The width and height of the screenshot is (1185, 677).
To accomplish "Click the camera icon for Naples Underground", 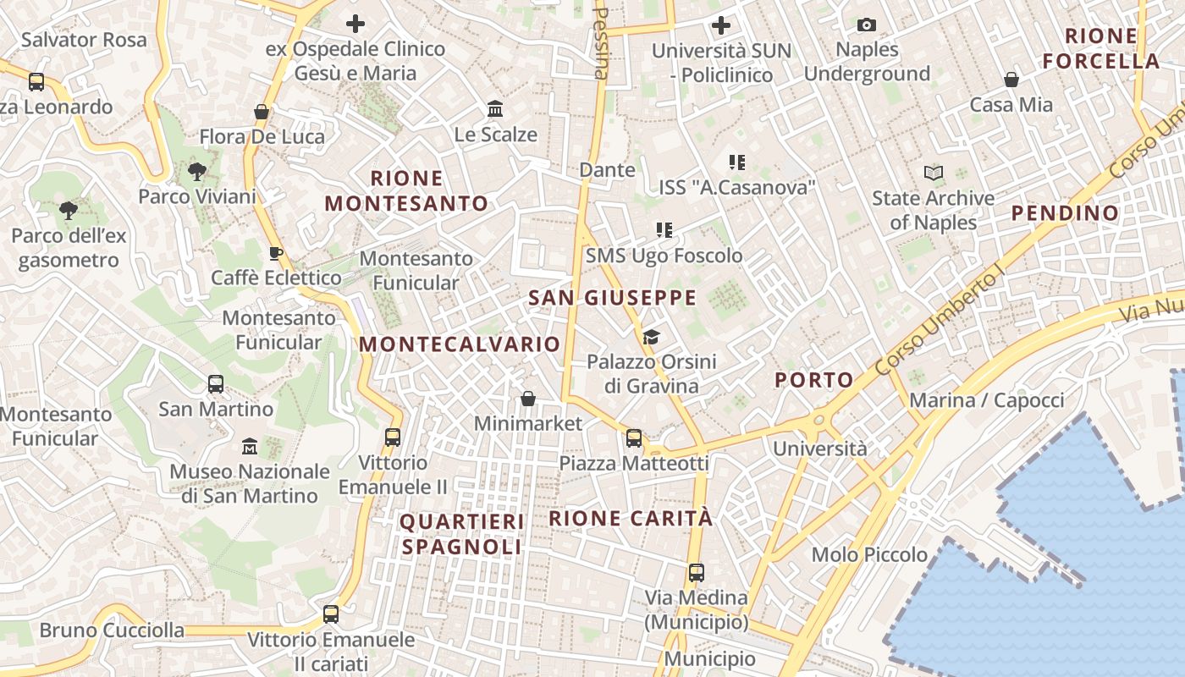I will pos(867,25).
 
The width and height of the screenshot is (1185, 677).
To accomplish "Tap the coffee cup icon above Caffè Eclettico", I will pos(276,253).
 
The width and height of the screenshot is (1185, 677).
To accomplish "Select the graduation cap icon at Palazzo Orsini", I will pos(651,338).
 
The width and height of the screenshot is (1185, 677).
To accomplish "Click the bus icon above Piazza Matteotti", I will pos(634,438).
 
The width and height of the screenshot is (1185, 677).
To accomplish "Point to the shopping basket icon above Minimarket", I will pos(528,398).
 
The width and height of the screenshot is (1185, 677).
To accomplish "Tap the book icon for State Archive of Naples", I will pos(934,173).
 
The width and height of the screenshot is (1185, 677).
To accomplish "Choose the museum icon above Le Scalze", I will pos(495,109).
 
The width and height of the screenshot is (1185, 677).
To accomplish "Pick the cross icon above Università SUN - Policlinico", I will pos(721,25).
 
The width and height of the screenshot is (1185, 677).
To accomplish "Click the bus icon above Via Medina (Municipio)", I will pos(696,573).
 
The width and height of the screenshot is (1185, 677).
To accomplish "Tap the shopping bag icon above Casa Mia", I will pos(1011,80).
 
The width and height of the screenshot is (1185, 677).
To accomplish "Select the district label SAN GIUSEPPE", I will pos(612,298).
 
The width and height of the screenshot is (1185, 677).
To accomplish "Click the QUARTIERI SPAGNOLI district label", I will pos(462,534).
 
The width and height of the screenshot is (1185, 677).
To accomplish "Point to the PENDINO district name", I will pos(1066,212).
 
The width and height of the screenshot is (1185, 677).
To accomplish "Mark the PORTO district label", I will pos(814,380).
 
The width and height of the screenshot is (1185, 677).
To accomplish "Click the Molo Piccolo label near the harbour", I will pos(869,555).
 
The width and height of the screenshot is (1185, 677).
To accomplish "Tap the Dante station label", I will pos(607,170).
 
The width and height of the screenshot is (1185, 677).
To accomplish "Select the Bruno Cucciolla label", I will pos(112,630).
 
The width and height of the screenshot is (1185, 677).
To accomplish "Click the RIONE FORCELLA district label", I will pos(1100,48).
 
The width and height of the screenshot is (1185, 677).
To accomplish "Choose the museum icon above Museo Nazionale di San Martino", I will pos(250,446).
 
